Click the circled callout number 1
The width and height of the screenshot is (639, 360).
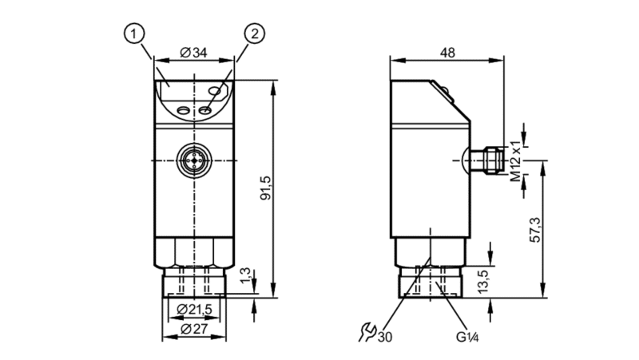(134, 34)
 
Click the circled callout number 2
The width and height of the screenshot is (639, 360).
(254, 34)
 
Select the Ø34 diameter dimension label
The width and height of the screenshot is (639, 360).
(193, 53)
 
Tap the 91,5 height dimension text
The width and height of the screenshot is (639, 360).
(266, 188)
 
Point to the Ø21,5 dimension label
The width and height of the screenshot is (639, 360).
(194, 310)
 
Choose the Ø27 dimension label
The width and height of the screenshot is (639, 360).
(194, 329)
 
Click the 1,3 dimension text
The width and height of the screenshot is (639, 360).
(246, 276)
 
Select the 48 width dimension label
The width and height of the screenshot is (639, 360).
(447, 53)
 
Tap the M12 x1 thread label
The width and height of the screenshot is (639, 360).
(516, 161)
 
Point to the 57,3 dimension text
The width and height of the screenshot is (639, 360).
(535, 230)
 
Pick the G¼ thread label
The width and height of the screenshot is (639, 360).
(467, 337)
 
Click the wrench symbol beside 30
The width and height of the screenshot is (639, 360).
(367, 332)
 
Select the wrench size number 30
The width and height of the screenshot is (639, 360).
(385, 337)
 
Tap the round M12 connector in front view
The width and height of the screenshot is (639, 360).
(194, 160)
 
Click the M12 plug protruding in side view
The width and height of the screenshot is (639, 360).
(487, 160)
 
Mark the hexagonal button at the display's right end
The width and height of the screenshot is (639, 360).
(215, 91)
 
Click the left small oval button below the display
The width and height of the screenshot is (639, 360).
(183, 110)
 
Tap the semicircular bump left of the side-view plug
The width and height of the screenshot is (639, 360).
(466, 160)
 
